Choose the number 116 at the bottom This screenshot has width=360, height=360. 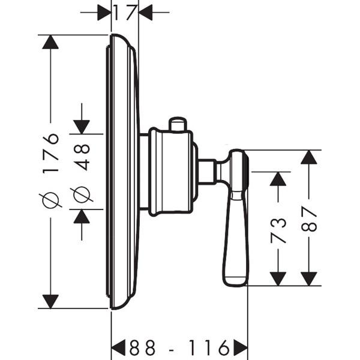click(x=207, y=347)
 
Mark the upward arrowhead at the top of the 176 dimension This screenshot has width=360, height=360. click(x=52, y=43)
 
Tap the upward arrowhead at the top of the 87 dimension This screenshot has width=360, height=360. click(x=309, y=157)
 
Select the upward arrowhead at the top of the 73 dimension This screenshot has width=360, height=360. click(x=278, y=179)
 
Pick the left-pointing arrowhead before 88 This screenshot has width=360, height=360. click(x=119, y=346)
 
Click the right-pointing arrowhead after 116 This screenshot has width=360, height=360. click(x=240, y=346)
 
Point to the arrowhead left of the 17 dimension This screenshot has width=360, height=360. click(x=104, y=11)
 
